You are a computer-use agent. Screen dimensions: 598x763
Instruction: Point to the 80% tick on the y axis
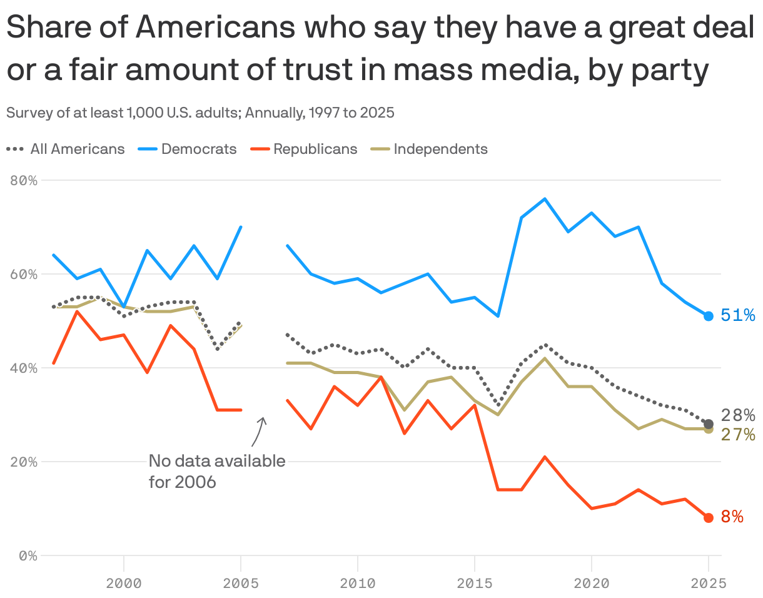click(24, 180)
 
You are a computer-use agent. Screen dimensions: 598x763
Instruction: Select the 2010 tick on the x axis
click(358, 583)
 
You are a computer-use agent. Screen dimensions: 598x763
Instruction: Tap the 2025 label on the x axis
click(709, 583)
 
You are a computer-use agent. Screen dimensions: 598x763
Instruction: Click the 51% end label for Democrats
click(737, 315)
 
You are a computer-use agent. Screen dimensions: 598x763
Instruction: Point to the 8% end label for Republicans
click(732, 517)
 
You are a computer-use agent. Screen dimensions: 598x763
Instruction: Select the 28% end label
click(737, 415)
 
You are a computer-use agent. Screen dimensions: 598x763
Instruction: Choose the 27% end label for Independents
click(737, 434)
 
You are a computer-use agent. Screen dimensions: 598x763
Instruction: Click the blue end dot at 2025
click(709, 316)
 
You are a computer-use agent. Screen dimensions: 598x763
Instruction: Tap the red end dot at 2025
click(709, 517)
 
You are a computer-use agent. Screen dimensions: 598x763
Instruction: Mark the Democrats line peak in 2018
click(545, 199)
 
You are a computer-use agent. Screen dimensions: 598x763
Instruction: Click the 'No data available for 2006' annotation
click(216, 472)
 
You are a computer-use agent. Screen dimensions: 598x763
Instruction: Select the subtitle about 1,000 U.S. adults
click(200, 113)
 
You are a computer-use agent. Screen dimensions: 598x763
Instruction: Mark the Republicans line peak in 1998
click(77, 312)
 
